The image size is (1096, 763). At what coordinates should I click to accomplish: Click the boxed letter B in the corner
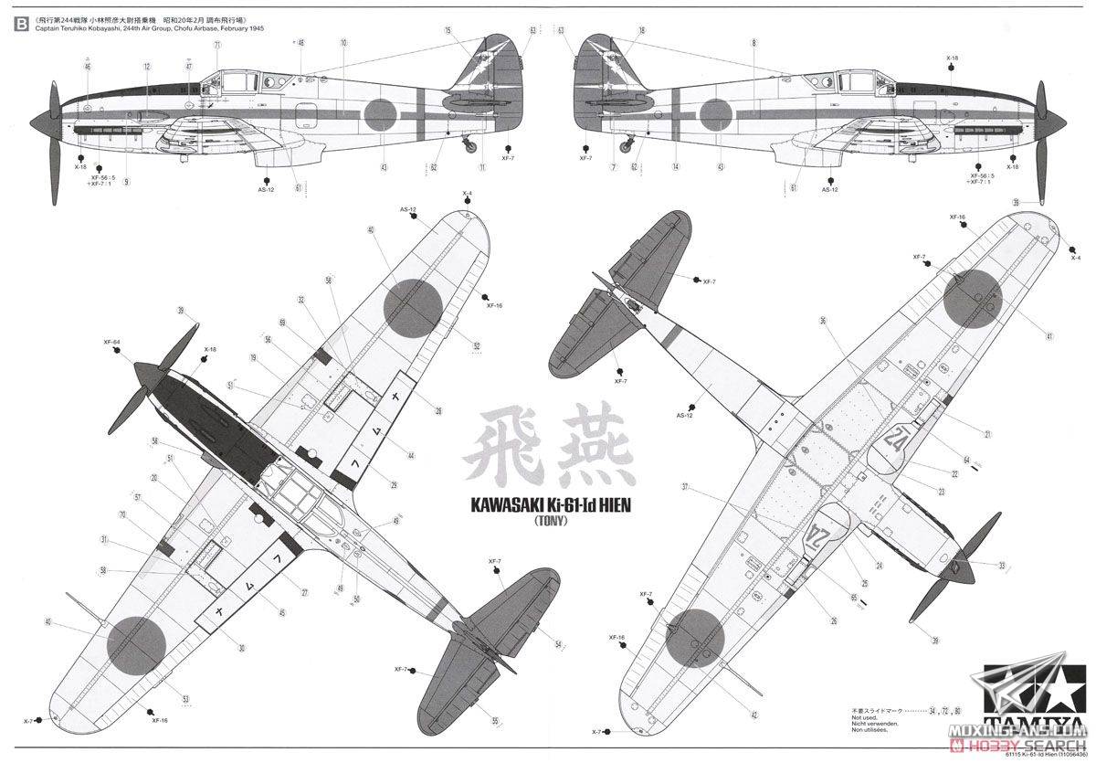[20, 26]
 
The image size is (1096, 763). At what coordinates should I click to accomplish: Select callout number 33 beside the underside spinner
[1002, 566]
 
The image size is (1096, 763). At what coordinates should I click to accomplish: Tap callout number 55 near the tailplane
[494, 721]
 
